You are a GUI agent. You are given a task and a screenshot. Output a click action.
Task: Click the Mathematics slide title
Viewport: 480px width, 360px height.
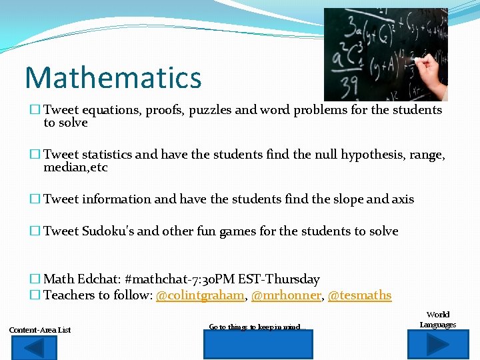point(113,77)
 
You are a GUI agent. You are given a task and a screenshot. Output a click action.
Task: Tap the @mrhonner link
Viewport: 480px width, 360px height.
point(285,295)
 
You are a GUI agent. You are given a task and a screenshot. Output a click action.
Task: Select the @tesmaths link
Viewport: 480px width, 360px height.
point(359,295)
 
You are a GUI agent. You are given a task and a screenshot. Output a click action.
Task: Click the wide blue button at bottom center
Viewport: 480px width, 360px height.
point(257,346)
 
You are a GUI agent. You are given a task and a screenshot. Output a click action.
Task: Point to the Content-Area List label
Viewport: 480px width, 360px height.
point(40,330)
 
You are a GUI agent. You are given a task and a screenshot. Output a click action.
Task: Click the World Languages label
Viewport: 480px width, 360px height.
point(437,319)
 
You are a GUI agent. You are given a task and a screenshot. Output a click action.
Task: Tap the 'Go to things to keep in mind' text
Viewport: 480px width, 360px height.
point(257,327)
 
